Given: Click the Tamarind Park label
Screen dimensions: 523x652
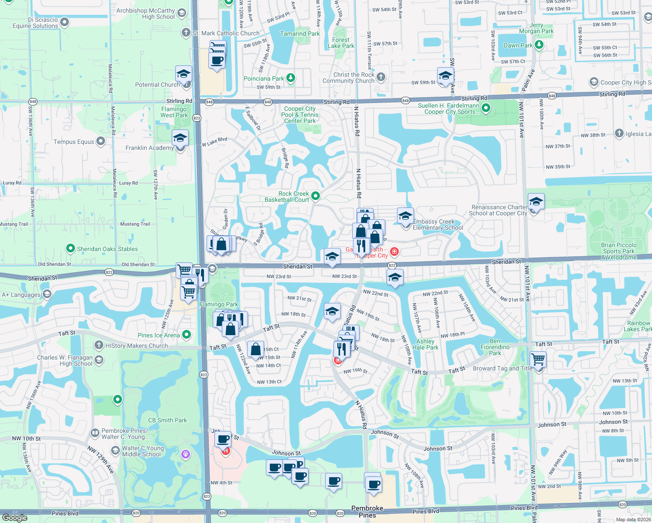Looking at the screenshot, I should pyautogui.click(x=300, y=34).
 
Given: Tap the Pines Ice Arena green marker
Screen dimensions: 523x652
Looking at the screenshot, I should pyautogui.click(x=187, y=335).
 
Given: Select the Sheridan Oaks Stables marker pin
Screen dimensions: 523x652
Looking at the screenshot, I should pyautogui.click(x=70, y=249).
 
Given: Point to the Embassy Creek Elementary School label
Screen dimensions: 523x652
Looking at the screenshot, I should pyautogui.click(x=438, y=224).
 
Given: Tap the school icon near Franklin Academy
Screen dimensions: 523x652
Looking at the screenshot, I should pyautogui.click(x=180, y=139).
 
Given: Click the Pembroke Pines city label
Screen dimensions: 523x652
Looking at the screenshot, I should pyautogui.click(x=367, y=512).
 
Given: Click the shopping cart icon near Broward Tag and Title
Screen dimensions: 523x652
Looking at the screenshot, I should pyautogui.click(x=538, y=360).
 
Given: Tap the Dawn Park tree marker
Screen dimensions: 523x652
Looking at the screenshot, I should pyautogui.click(x=539, y=45).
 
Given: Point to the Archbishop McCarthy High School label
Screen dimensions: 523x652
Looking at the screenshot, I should pyautogui.click(x=146, y=14).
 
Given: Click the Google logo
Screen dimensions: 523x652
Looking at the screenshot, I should pyautogui.click(x=14, y=517).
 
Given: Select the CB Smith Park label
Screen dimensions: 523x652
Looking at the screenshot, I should pyautogui.click(x=167, y=420).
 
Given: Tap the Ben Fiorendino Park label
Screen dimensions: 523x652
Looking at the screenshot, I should pyautogui.click(x=495, y=347).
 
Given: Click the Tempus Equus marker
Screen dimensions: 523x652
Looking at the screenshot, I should pyautogui.click(x=101, y=141).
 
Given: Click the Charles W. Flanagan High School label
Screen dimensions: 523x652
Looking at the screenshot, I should pyautogui.click(x=65, y=360).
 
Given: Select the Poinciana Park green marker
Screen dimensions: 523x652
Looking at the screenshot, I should pyautogui.click(x=291, y=78).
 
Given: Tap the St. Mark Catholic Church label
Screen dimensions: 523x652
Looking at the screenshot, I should pyautogui.click(x=226, y=33).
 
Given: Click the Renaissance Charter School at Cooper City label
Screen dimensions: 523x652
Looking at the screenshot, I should pyautogui.click(x=498, y=210).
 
